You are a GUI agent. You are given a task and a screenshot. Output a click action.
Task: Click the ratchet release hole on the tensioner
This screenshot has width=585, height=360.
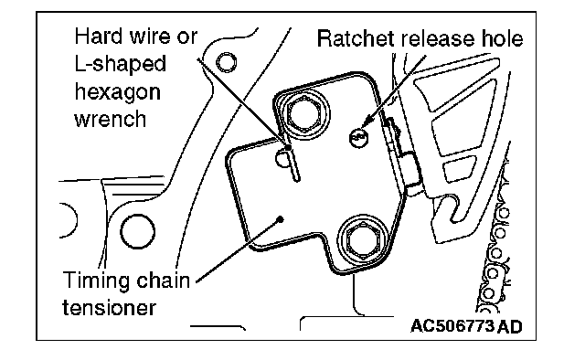coord(358,138)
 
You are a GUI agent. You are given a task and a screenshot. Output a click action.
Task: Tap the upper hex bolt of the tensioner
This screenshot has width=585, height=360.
coord(304,114)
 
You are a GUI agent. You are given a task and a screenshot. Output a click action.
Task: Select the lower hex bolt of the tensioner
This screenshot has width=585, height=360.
coord(363,238)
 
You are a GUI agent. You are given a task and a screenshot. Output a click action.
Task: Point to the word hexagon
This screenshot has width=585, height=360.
coord(118,92)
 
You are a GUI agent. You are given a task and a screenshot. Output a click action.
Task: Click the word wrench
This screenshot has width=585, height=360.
coord(111,120)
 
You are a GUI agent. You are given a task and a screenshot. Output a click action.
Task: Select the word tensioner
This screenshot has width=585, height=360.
coord(109,309)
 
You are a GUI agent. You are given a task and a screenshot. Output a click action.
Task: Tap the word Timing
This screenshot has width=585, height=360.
coord(96,281)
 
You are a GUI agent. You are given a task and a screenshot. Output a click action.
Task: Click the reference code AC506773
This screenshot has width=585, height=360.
coord(452,326)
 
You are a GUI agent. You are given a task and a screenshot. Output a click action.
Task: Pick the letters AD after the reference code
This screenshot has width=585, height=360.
coord(510,327)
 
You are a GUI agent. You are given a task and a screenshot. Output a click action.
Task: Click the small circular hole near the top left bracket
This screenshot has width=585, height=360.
coord(226,63)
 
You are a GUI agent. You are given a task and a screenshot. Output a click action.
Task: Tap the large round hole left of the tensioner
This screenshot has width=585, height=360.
coord(137,232)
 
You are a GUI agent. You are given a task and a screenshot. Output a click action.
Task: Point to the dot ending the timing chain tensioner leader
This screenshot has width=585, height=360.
coord(280,219)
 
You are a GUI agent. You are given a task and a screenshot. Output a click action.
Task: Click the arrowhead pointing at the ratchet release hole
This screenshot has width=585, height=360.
coord(367,121)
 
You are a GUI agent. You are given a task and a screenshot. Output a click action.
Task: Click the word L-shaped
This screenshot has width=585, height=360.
coord(120,65)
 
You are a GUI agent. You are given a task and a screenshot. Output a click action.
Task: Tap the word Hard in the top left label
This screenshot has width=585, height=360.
coord(99,37)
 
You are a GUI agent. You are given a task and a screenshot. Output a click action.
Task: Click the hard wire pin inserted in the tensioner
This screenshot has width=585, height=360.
coord(292,163)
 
